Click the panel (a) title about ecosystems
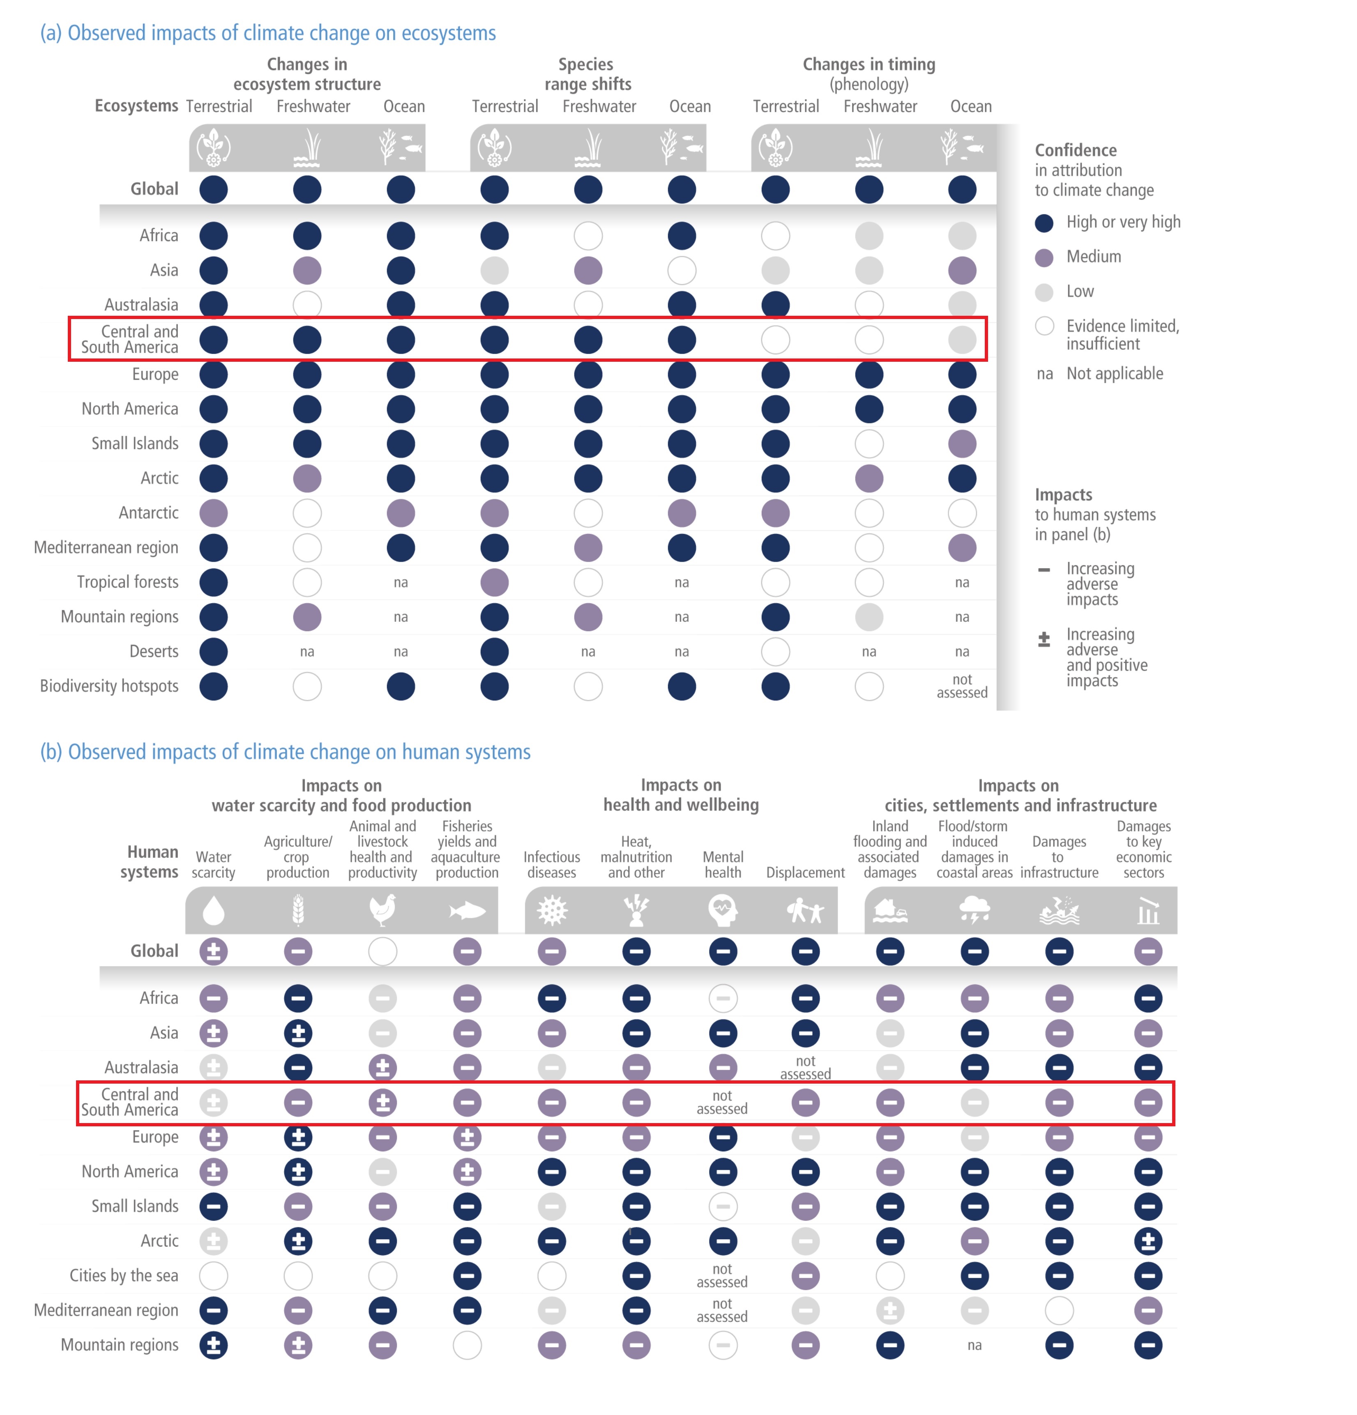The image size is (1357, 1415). point(267,33)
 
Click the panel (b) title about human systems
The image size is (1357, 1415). point(285,751)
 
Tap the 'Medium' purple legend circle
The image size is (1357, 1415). point(1044,257)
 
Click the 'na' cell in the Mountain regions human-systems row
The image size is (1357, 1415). point(974,1345)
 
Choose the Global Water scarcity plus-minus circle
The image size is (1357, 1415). point(213,951)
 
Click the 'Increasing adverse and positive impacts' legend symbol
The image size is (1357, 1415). point(1044,640)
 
